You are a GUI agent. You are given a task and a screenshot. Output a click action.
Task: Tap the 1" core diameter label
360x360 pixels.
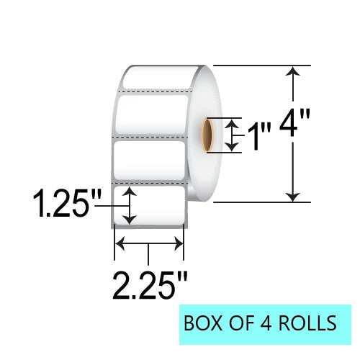(257, 135)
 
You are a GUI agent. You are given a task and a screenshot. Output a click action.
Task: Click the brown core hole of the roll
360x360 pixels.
(207, 135)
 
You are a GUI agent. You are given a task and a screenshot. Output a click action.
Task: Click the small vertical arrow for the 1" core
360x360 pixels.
(232, 135)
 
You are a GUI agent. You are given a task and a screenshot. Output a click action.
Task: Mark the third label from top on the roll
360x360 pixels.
(150, 163)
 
